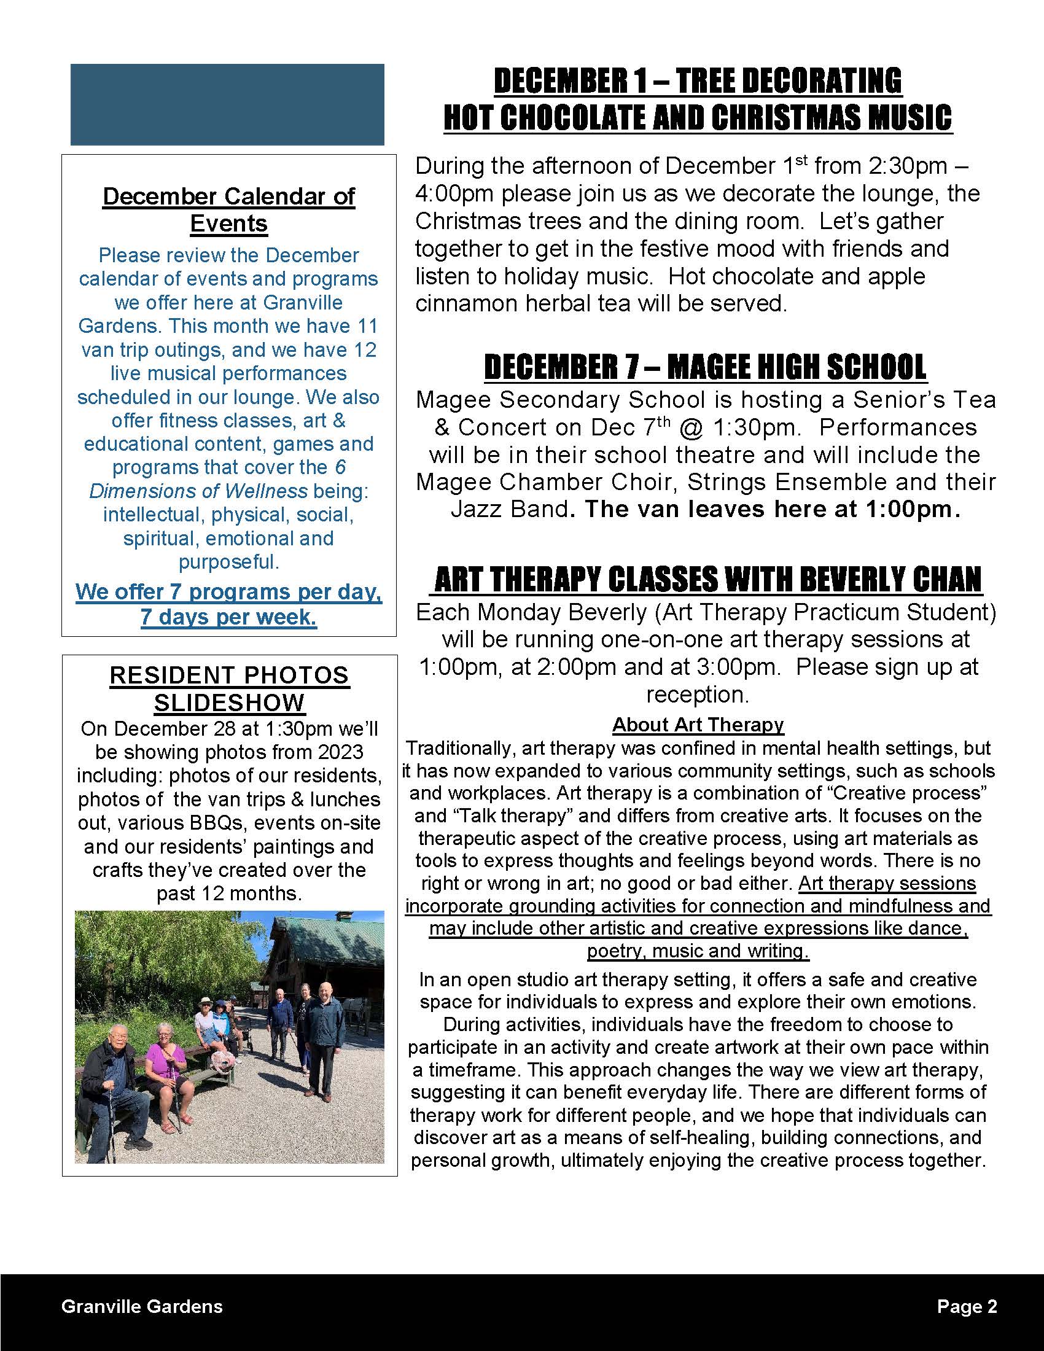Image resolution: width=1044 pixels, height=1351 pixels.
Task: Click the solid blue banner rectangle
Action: click(227, 104)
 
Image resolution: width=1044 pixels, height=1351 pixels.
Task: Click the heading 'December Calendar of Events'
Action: click(228, 209)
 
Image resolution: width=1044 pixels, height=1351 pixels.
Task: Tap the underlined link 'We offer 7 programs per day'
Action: click(228, 592)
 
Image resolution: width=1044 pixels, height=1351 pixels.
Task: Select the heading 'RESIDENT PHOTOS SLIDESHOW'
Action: click(229, 688)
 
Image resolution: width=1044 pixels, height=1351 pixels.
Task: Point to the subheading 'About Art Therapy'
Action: click(698, 725)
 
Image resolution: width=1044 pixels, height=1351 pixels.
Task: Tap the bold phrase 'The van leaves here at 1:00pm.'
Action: click(773, 509)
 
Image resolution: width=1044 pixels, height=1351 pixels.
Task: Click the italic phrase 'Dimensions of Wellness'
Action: click(198, 491)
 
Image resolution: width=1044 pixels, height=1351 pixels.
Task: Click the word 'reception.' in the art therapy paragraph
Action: click(697, 695)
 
